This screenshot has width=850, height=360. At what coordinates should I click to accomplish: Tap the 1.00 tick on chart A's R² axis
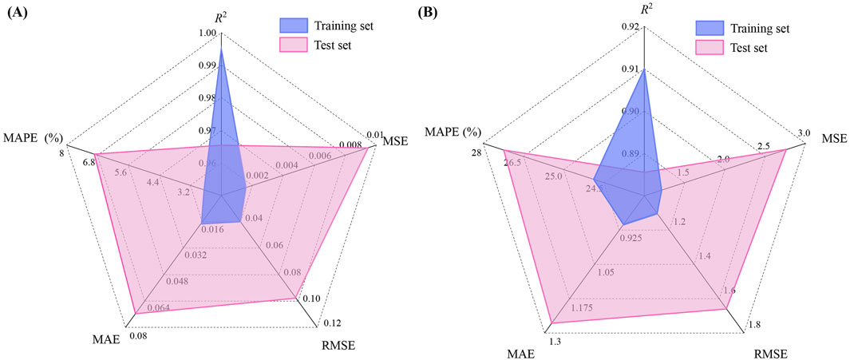coord(206,34)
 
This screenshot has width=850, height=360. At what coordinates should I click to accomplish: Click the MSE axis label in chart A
coord(394,141)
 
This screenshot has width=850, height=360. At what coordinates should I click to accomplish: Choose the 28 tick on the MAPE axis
coord(475,152)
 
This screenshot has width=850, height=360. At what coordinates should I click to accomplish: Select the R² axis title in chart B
coord(645,10)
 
